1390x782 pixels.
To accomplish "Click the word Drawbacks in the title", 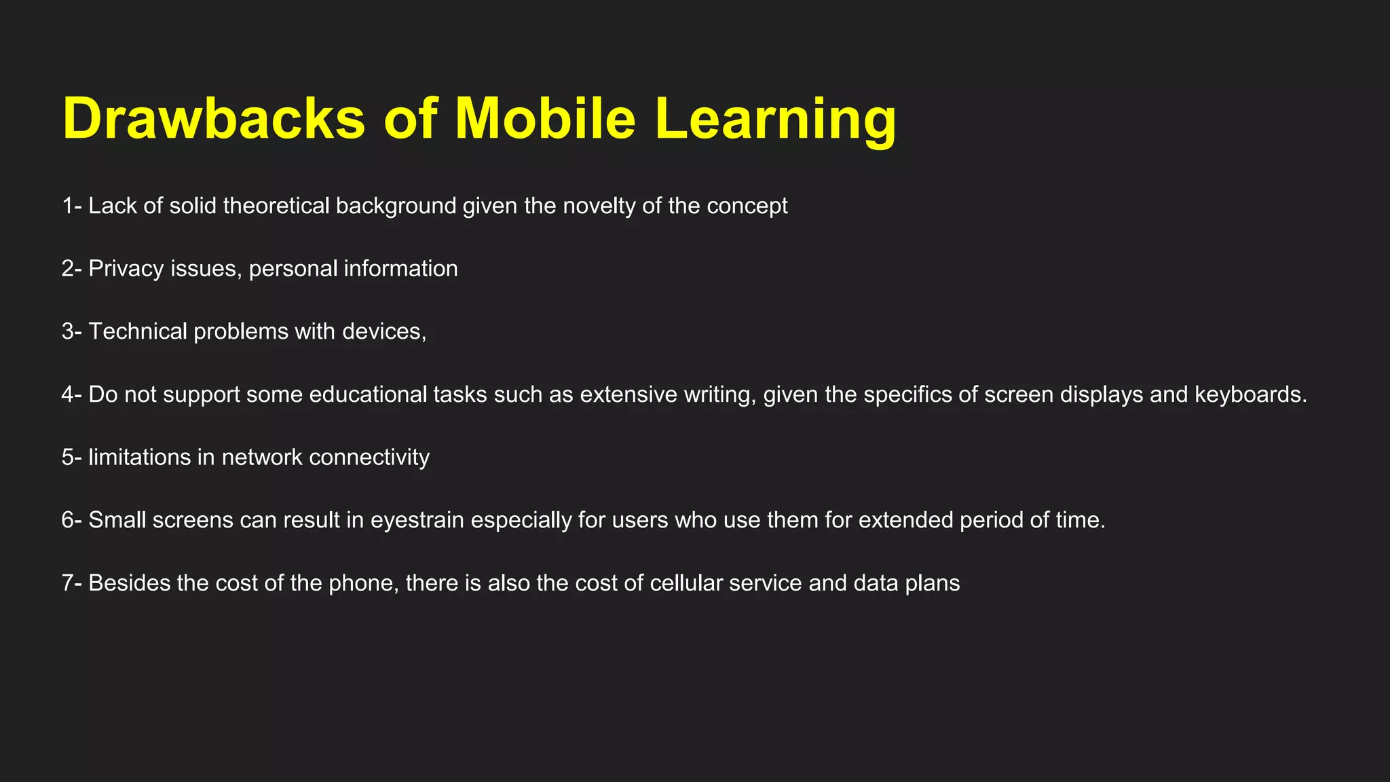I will point(213,119).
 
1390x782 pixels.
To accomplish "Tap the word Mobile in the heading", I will point(545,119).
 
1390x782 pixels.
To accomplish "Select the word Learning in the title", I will point(775,119).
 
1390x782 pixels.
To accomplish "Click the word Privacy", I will point(126,269).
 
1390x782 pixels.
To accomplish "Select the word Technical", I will point(138,331).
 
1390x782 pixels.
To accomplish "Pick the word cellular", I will point(686,583).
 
